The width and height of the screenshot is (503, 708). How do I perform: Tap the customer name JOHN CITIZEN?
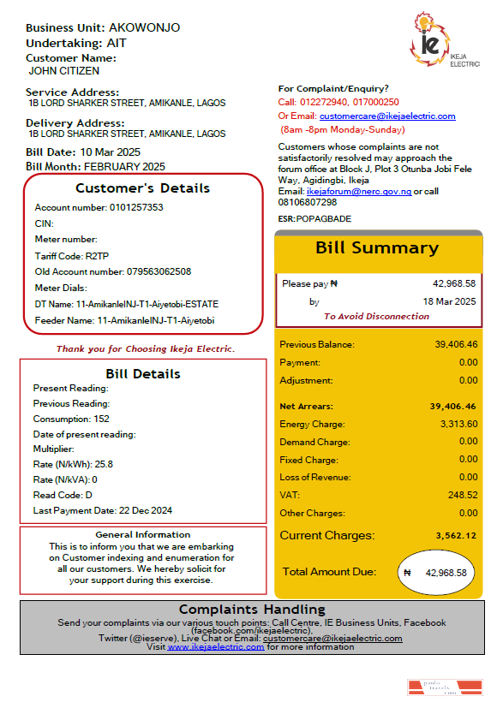64,71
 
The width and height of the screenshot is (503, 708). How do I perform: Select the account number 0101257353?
135,208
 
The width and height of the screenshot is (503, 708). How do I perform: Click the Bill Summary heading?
377,248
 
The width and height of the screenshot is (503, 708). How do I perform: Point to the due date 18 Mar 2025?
450,301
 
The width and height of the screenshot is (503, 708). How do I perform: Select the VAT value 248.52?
464,495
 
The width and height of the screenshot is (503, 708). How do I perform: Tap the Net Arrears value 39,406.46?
453,406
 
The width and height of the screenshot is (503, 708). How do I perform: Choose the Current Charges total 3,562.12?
454,536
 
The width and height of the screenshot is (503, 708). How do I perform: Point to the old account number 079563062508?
159,271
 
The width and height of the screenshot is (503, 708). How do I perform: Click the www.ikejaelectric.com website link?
216,647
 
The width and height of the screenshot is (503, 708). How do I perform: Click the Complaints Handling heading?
252,610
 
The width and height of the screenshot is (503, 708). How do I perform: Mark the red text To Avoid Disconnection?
376,317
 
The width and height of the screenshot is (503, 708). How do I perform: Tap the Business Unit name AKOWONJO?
144,27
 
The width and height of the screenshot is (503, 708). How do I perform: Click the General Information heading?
143,535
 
